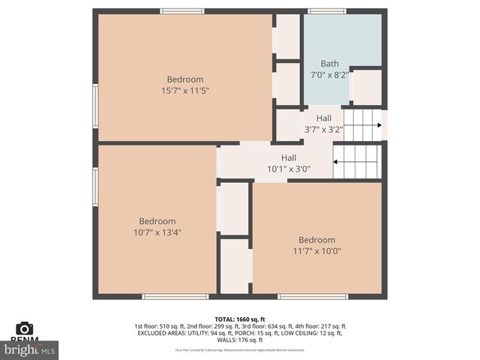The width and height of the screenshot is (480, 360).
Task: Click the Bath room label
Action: point(329,64)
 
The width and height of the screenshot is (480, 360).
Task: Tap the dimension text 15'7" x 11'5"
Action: point(184,91)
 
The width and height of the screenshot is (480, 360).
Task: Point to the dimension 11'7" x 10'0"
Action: point(316,251)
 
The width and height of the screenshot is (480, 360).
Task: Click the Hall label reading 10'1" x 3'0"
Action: point(288,169)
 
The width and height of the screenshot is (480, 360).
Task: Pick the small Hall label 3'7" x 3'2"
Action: point(323,129)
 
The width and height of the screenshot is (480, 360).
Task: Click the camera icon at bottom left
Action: point(25,328)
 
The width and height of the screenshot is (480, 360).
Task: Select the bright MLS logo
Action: point(30,349)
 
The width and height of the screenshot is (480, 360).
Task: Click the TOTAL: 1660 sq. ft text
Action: point(239,319)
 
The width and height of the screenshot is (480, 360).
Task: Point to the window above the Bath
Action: point(327,11)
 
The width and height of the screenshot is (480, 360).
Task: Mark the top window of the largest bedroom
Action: point(182,11)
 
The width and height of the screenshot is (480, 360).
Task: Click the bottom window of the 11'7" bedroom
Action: point(313,297)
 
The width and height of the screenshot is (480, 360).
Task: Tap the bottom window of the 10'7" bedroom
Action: point(175,297)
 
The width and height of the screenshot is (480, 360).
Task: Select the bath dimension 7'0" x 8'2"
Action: point(329,75)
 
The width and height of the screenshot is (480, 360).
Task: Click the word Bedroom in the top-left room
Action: point(184,79)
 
